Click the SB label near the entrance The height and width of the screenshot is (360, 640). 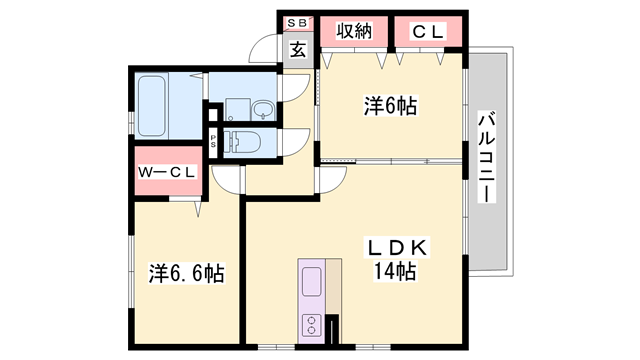click(299, 22)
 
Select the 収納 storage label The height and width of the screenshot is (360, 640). click(355, 32)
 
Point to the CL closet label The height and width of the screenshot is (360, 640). click(428, 32)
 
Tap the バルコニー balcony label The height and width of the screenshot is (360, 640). click(486, 155)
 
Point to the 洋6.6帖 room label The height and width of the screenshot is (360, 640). click(187, 272)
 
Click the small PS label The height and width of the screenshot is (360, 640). click(214, 141)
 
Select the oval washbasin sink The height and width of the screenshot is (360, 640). click(263, 108)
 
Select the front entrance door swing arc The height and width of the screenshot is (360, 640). click(266, 50)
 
